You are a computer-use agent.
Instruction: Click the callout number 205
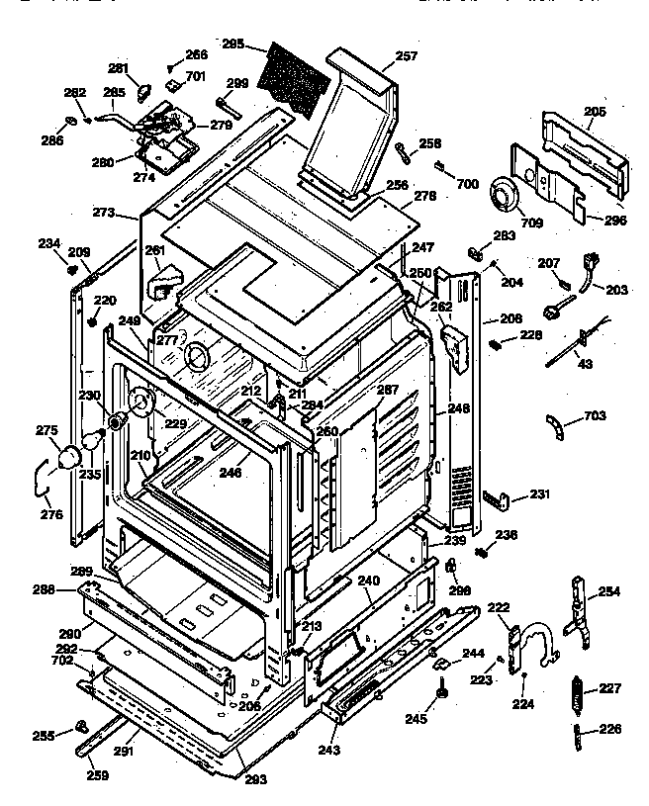click(x=594, y=113)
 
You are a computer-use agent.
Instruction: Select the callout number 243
click(x=328, y=750)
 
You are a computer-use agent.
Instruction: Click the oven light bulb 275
click(x=70, y=457)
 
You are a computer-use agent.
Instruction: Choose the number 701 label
click(x=195, y=76)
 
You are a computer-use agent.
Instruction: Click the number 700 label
click(x=467, y=184)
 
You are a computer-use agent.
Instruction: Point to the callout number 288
click(x=70, y=589)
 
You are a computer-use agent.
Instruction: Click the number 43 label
click(x=586, y=365)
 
